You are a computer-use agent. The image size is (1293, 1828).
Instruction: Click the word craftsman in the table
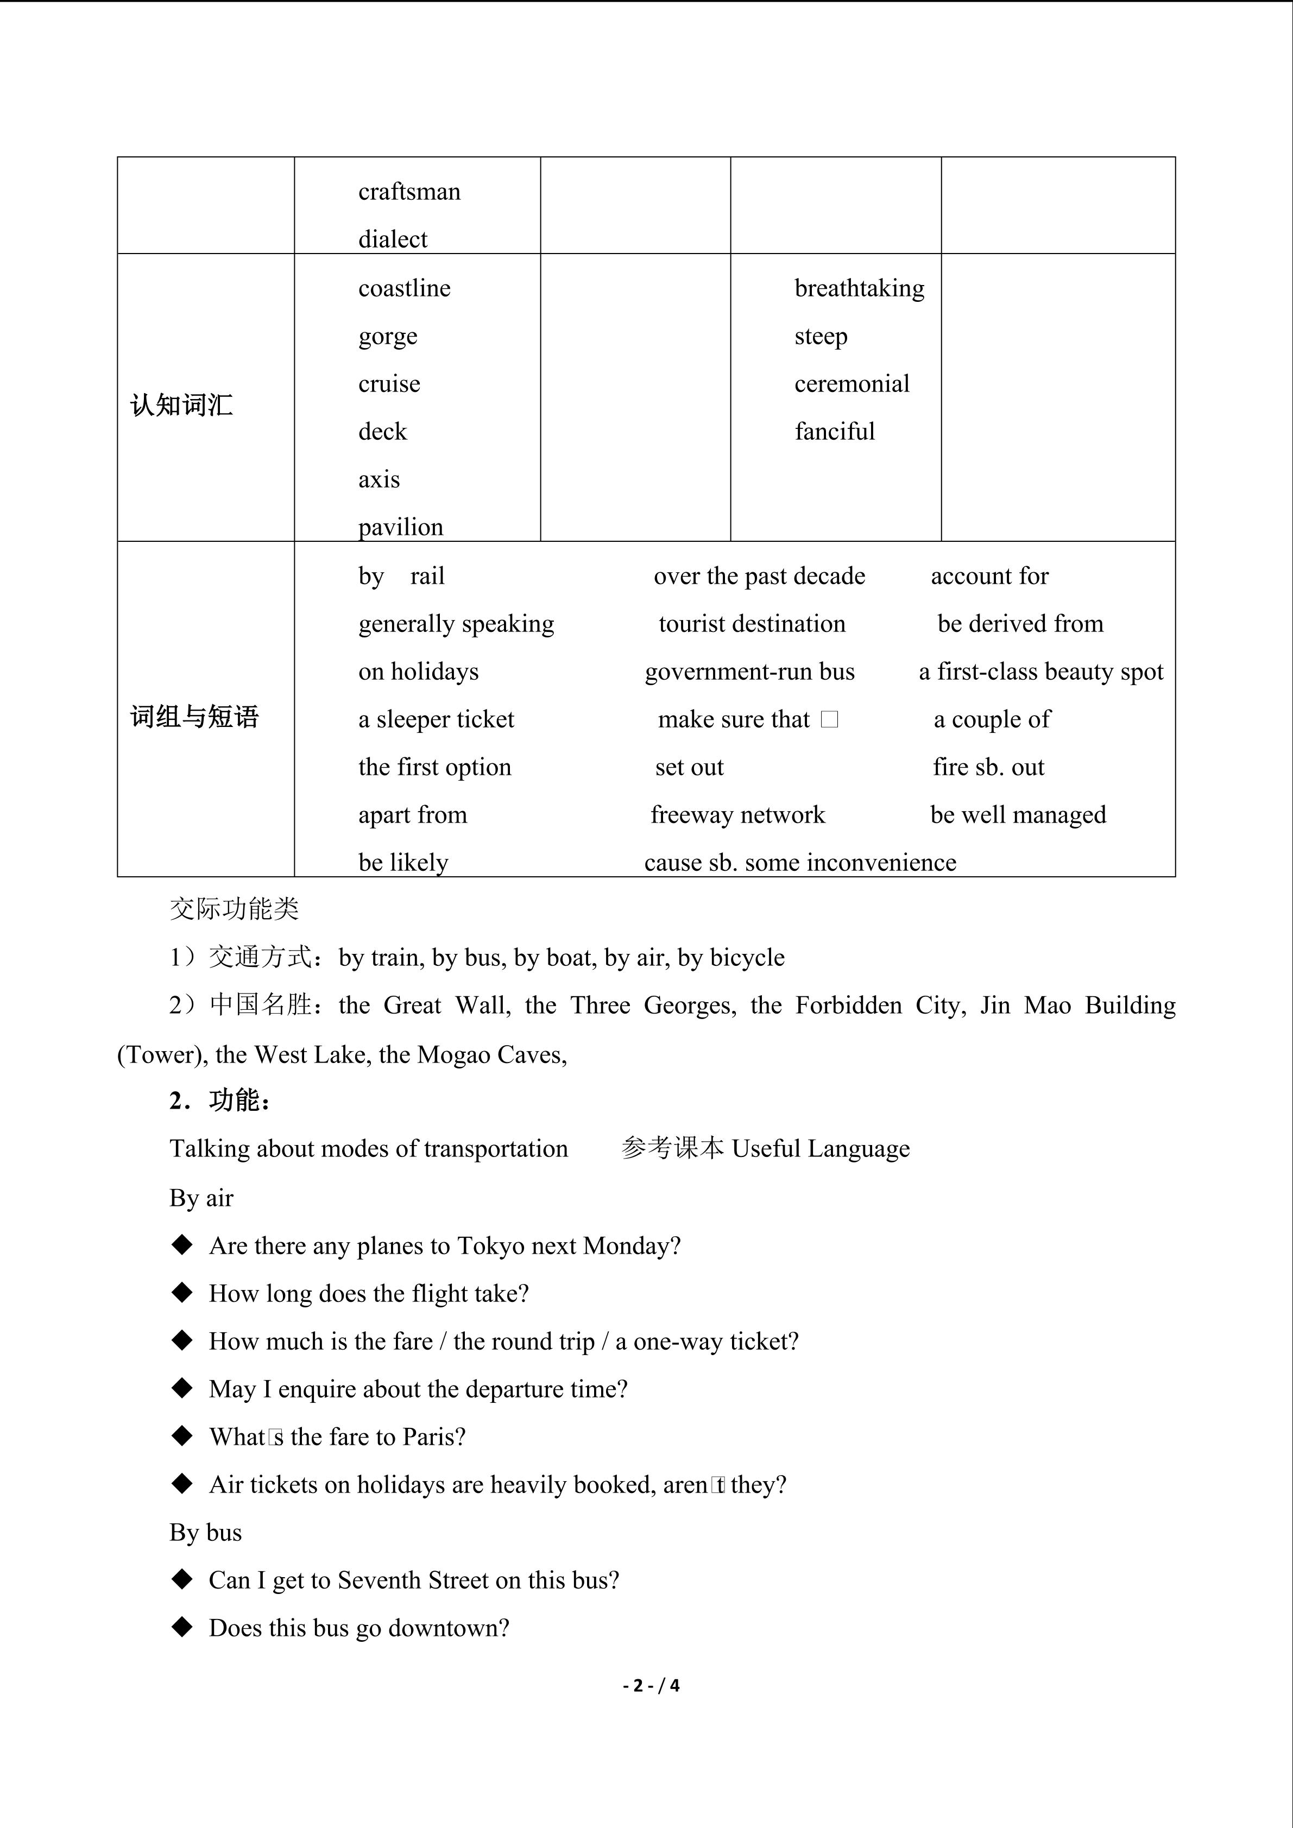pyautogui.click(x=409, y=192)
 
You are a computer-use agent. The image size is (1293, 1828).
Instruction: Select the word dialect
pyautogui.click(x=393, y=239)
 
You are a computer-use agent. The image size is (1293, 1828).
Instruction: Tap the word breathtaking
pyautogui.click(x=859, y=288)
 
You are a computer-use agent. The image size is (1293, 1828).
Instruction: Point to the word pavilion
pyautogui.click(x=400, y=527)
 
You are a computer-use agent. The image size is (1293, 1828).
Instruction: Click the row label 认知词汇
pyautogui.click(x=181, y=405)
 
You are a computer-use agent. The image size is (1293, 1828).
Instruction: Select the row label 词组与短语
pyautogui.click(x=194, y=717)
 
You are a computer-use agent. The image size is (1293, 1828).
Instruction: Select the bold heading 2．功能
pyautogui.click(x=220, y=1101)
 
